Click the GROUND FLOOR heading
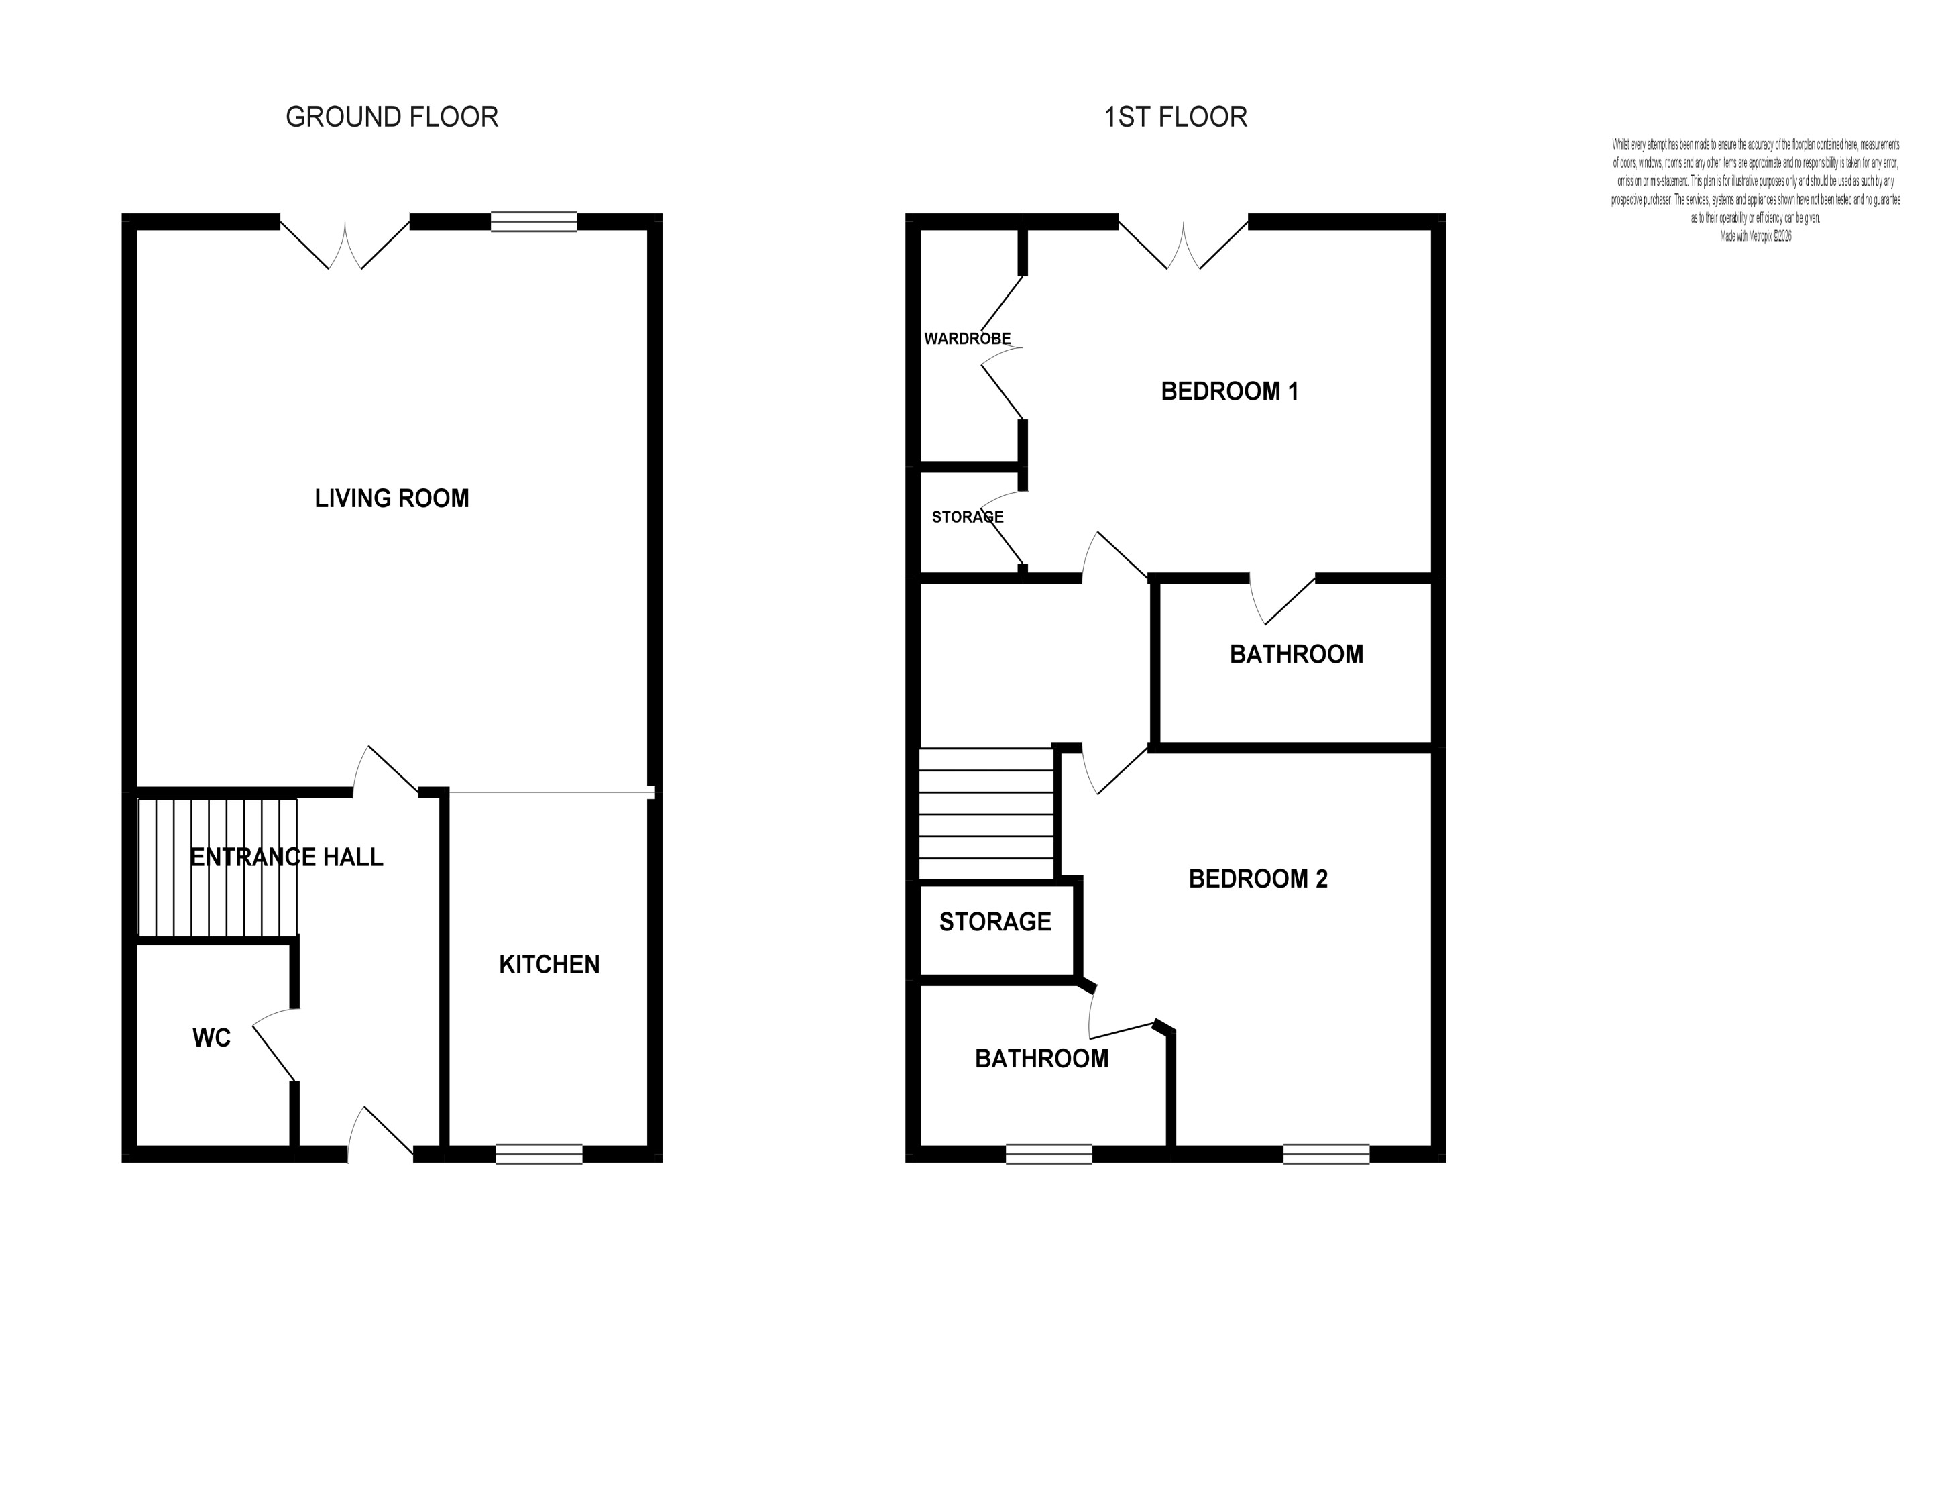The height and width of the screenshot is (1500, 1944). click(x=392, y=117)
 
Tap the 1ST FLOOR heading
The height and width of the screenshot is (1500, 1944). click(x=1175, y=117)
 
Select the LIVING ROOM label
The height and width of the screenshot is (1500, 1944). click(x=392, y=498)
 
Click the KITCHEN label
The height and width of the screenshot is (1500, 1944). click(x=549, y=964)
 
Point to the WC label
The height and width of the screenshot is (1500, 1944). click(x=211, y=1038)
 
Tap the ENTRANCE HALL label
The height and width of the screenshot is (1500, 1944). click(x=286, y=857)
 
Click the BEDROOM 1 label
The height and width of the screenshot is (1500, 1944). click(x=1229, y=391)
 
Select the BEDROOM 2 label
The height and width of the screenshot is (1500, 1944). click(x=1258, y=879)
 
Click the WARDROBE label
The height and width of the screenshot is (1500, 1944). click(x=967, y=338)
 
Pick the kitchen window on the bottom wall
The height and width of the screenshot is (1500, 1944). click(x=539, y=1154)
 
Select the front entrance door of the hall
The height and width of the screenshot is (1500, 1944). click(x=381, y=1134)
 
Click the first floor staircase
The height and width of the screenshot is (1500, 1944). click(x=986, y=814)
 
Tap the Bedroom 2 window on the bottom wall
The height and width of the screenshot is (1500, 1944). click(x=1326, y=1154)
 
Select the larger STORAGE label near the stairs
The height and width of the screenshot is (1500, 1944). click(x=995, y=921)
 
